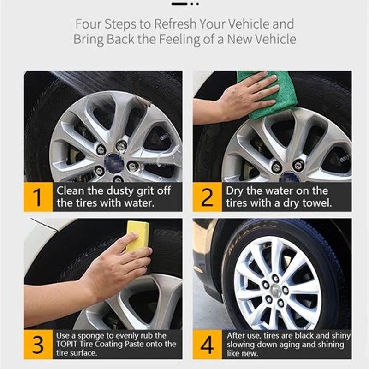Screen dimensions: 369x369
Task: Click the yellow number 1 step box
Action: [38, 197]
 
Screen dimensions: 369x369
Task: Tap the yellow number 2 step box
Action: [207, 197]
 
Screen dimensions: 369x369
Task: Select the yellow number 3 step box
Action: [38, 344]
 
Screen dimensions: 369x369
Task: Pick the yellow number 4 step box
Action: [207, 344]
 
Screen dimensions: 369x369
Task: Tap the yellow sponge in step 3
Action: [137, 236]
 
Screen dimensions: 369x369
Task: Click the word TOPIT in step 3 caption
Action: [68, 344]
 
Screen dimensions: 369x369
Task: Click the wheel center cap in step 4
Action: [275, 290]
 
